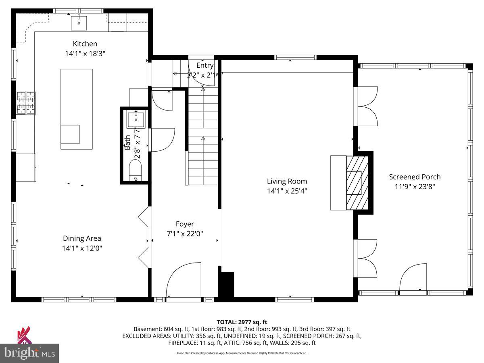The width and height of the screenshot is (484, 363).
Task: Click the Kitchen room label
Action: tap(85, 44)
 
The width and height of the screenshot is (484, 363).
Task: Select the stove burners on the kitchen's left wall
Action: tap(26, 102)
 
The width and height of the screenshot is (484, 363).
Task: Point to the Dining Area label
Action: tap(82, 238)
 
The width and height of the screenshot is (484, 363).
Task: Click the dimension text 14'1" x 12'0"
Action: tap(82, 248)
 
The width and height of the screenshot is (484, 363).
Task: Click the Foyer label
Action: tap(185, 224)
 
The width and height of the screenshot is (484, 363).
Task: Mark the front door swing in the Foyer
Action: tap(184, 280)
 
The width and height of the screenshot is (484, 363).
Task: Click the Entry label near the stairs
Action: tap(205, 65)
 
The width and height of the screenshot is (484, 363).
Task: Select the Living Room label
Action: tap(287, 181)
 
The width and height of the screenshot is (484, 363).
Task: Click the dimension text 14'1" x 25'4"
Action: tap(287, 191)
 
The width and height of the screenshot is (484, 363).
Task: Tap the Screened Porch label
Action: tap(415, 177)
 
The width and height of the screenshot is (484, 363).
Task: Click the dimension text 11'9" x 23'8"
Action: tap(415, 187)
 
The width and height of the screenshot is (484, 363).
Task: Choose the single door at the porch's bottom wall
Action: tap(414, 279)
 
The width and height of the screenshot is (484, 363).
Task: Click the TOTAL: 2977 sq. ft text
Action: tap(242, 322)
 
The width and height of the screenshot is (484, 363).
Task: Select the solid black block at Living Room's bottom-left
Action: tap(227, 285)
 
